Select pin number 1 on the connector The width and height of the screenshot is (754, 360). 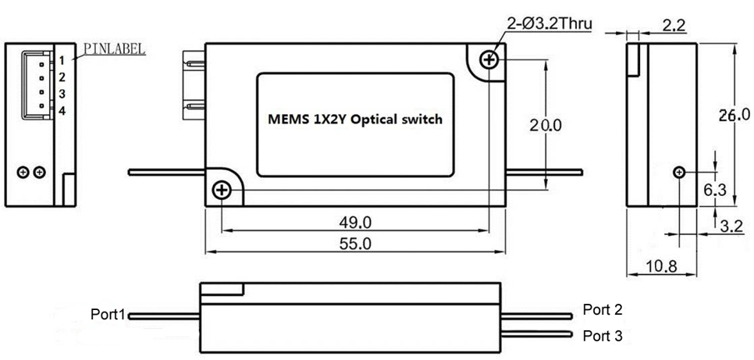[61, 59]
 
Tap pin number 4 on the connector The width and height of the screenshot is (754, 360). [61, 111]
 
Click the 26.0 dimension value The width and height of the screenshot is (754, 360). [734, 115]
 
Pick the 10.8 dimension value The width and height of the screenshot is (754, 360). [661, 266]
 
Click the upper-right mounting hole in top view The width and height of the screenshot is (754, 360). [489, 59]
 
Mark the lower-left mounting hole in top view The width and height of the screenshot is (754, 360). [222, 190]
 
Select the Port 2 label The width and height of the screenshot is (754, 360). [603, 310]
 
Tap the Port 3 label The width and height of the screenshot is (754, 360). [603, 336]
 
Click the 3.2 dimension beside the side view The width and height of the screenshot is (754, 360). [731, 227]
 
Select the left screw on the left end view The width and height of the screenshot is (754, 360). [23, 172]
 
